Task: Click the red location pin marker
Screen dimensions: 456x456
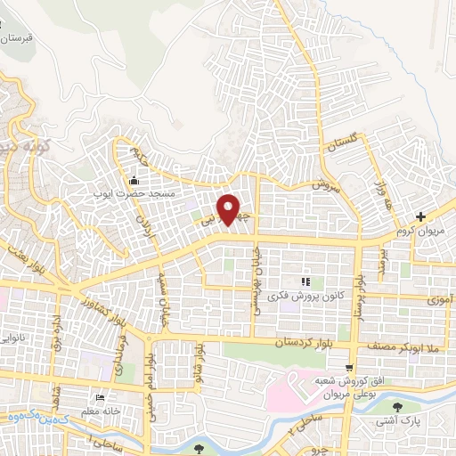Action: (x=229, y=208)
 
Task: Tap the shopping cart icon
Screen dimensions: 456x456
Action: (x=349, y=366)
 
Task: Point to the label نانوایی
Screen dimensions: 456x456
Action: (x=18, y=339)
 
